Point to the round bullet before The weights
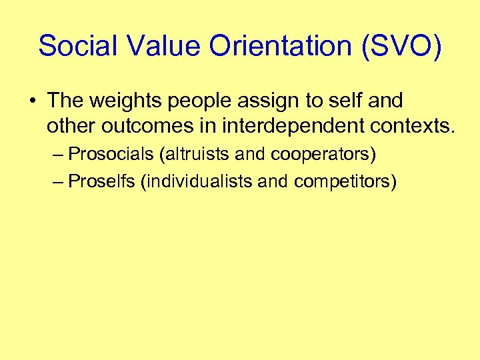32,101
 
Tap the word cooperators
323,155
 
